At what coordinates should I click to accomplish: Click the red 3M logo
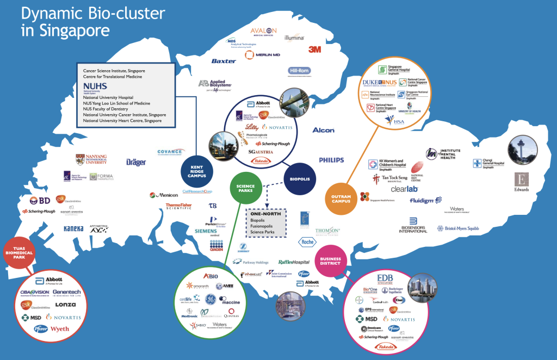[x=314, y=49]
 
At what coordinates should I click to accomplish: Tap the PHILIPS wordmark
[x=331, y=160]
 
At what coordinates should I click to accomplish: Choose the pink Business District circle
[x=331, y=262]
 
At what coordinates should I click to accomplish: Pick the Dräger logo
[x=136, y=162]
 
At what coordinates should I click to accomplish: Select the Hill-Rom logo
[x=299, y=71]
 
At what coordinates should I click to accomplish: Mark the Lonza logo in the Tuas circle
[x=65, y=305]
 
